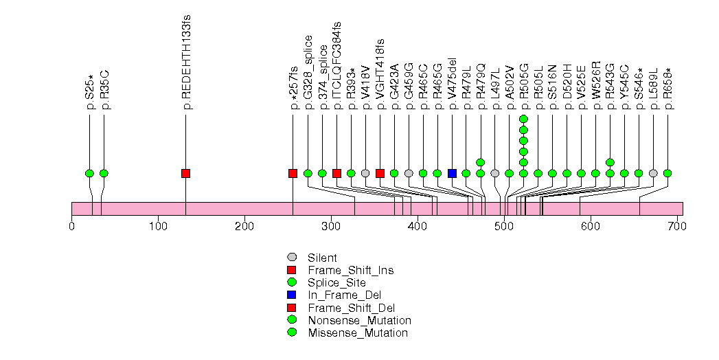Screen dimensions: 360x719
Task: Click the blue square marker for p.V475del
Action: tap(452, 173)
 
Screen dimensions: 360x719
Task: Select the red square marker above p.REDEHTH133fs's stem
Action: tap(185, 173)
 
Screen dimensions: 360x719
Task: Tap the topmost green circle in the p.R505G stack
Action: tap(523, 119)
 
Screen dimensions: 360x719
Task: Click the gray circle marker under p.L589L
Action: tap(653, 173)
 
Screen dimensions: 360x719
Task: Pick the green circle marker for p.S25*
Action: tap(89, 173)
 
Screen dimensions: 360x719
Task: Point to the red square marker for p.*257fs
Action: tap(293, 173)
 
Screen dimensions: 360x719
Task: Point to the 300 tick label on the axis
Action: tap(244, 225)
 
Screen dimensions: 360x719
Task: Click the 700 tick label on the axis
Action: tap(677, 225)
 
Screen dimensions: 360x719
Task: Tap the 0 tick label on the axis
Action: tap(71, 225)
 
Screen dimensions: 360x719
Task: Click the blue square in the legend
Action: tap(292, 295)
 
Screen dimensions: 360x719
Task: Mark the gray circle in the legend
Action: tap(292, 258)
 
